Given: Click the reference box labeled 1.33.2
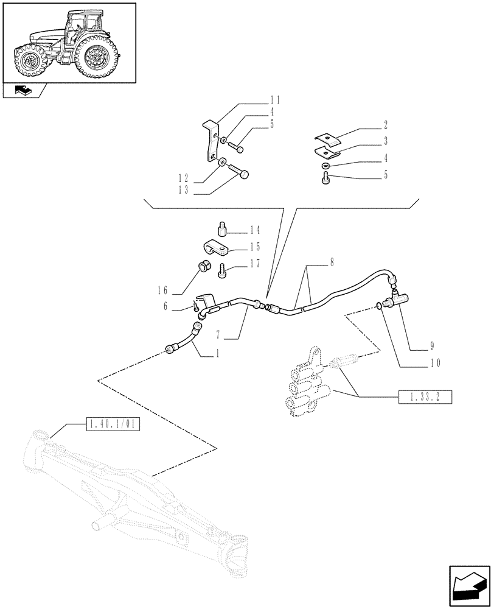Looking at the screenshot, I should [425, 398].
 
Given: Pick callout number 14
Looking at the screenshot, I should [254, 230].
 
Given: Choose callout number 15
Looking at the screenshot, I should [254, 247].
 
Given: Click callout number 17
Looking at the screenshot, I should [254, 264].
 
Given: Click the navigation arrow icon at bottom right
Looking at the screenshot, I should [468, 586].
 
